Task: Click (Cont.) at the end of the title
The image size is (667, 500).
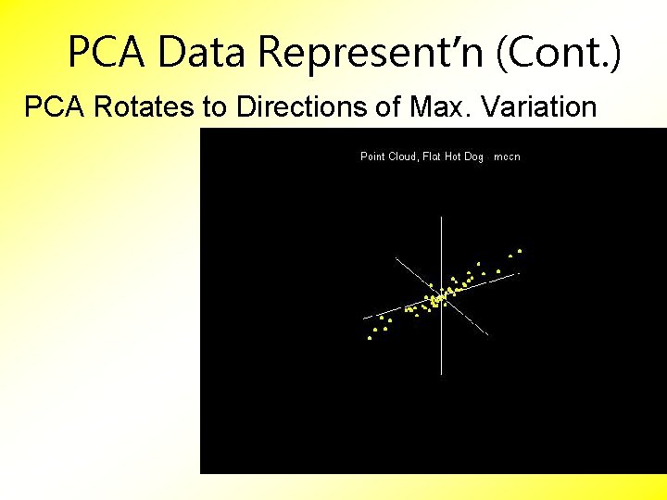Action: pyautogui.click(x=561, y=53)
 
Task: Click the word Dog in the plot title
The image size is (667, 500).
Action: pyautogui.click(x=474, y=156)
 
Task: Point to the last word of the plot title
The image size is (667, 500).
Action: pyautogui.click(x=508, y=156)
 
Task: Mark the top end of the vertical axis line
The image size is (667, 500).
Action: pyautogui.click(x=442, y=217)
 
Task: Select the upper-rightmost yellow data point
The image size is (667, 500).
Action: pyautogui.click(x=520, y=251)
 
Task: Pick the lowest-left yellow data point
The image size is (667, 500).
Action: pyautogui.click(x=370, y=338)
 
